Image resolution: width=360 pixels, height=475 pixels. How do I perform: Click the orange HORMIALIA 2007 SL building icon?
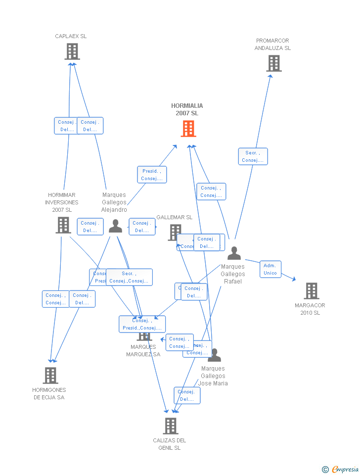click(x=188, y=129)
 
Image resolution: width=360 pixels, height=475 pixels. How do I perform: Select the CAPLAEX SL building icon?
click(x=72, y=51)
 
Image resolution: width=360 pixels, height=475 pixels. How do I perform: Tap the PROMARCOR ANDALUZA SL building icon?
click(x=274, y=63)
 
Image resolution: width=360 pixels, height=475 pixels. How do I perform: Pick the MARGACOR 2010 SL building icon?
click(x=311, y=291)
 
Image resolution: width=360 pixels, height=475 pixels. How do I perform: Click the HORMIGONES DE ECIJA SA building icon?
click(x=50, y=376)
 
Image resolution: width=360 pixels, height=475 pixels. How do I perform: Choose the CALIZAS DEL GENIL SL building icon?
click(x=170, y=426)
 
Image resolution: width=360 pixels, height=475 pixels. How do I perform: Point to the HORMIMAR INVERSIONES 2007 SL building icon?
click(x=63, y=225)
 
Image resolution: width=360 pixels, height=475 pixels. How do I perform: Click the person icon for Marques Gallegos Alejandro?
click(x=115, y=226)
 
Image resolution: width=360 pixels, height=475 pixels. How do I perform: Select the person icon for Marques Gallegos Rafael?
click(x=234, y=253)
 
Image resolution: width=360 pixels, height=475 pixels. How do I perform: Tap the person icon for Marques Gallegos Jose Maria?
click(x=214, y=355)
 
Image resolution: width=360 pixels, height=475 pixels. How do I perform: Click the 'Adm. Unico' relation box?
click(x=270, y=269)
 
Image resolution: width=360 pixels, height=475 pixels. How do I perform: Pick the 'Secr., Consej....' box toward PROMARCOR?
click(x=253, y=156)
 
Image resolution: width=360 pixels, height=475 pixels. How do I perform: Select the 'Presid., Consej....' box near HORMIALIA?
click(x=152, y=175)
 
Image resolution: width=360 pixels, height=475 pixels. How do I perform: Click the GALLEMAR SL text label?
click(x=174, y=217)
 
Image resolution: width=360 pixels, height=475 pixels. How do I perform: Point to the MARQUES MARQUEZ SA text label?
click(x=143, y=350)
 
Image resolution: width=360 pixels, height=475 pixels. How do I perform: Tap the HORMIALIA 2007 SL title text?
click(x=187, y=109)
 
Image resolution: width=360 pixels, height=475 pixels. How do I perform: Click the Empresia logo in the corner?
click(x=341, y=469)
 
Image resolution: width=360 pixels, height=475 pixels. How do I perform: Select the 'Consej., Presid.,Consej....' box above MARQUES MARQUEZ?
click(x=142, y=324)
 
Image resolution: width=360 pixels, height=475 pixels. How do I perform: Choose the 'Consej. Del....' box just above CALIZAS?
click(x=187, y=395)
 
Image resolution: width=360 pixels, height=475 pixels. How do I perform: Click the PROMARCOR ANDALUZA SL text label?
click(x=272, y=45)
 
